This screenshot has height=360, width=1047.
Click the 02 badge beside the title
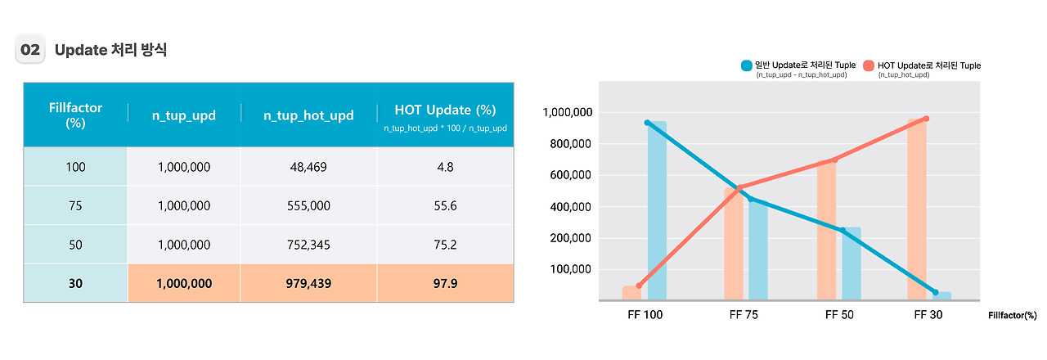point(29,50)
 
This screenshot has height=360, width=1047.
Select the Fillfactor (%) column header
point(75,115)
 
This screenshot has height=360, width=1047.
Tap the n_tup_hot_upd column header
point(308,115)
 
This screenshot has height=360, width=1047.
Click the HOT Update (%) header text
point(445,110)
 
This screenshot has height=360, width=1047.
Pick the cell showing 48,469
point(308,167)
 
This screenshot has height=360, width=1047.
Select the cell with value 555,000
point(308,206)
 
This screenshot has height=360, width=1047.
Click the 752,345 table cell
point(308,245)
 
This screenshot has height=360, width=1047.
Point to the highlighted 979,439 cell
point(308,283)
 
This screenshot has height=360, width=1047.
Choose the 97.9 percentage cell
point(445,283)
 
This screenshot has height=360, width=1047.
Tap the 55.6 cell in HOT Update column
point(445,206)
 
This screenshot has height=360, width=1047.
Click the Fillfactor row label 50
point(75,245)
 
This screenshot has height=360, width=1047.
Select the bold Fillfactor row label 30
point(75,283)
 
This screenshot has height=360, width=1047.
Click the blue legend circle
point(747,65)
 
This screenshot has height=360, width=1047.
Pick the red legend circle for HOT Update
point(868,65)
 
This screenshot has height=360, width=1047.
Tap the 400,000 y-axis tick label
point(571,206)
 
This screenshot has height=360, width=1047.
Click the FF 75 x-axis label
point(744,314)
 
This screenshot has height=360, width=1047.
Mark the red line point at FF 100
point(639,286)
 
